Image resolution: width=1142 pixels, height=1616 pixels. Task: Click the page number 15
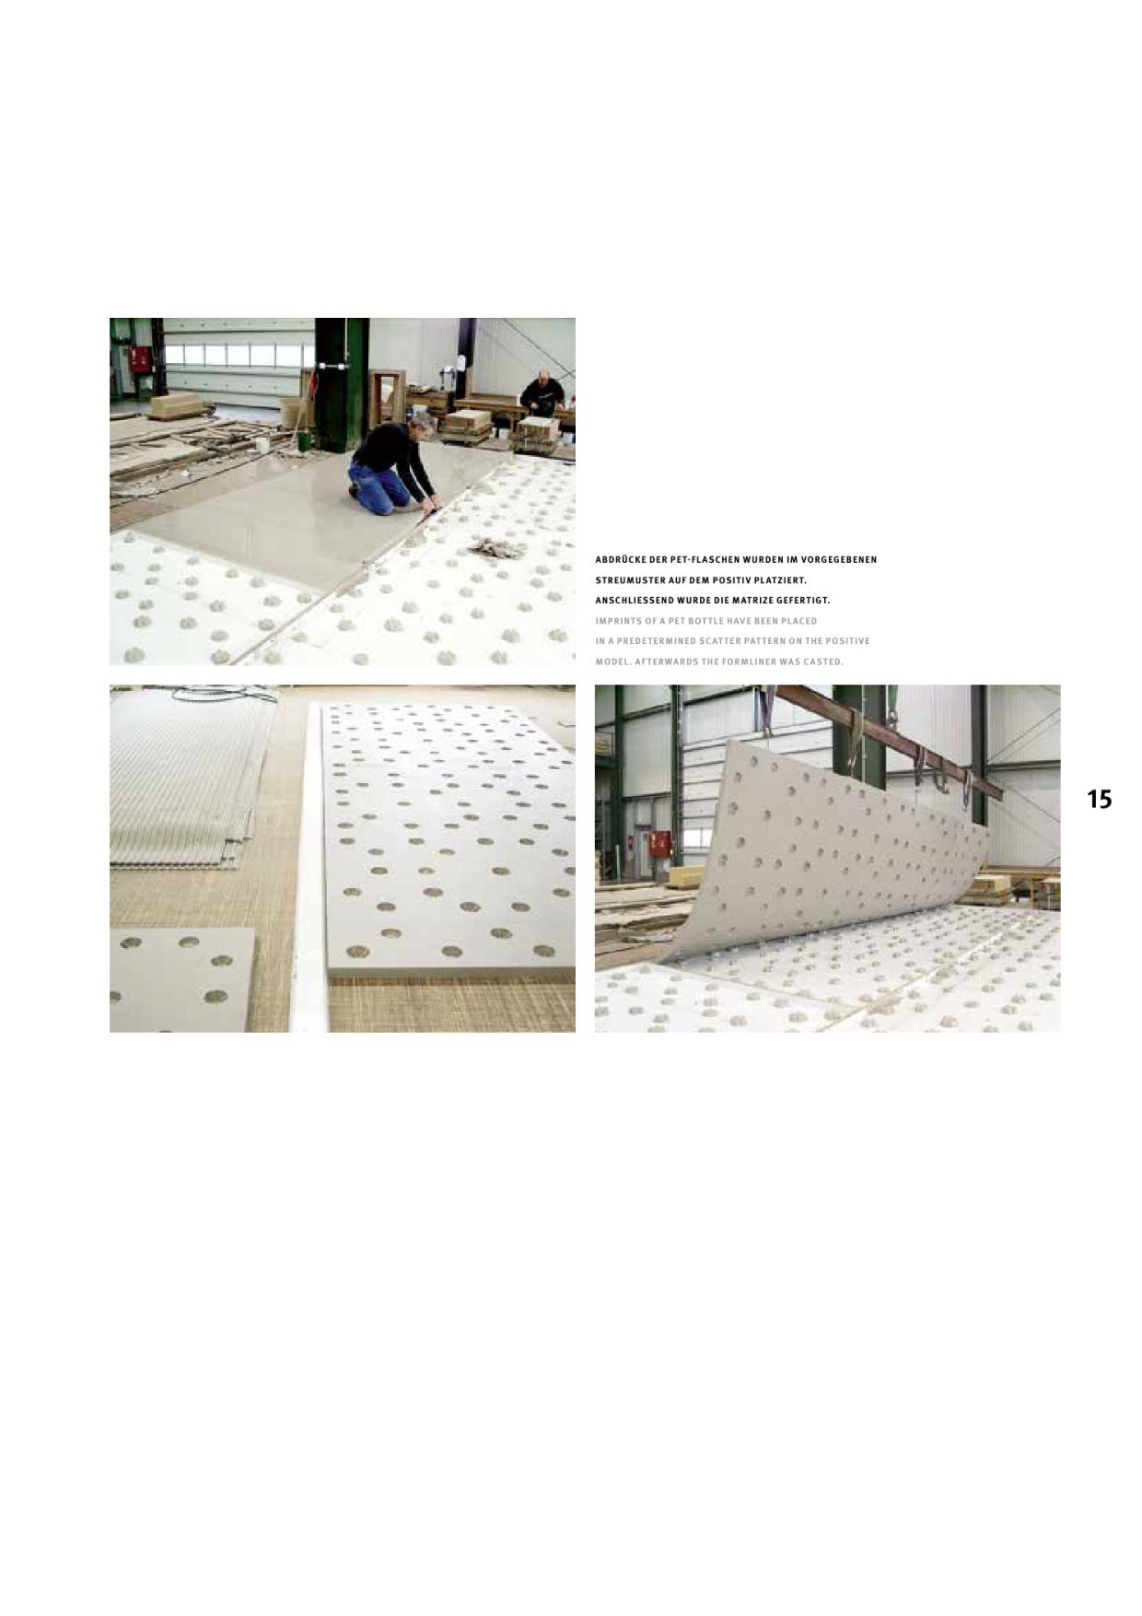(1099, 799)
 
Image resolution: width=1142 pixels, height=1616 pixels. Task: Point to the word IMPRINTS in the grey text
(617, 621)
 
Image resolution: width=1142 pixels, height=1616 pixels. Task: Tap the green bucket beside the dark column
(303, 440)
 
